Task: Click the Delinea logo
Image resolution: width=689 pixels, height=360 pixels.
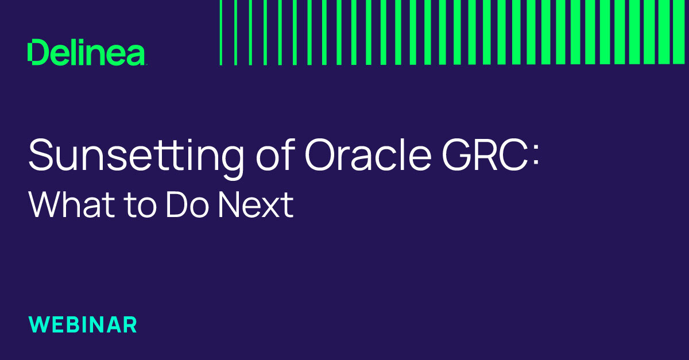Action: coord(86,53)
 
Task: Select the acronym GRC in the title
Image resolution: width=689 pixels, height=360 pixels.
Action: coord(481,155)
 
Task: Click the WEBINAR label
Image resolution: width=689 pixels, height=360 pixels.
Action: coord(83,324)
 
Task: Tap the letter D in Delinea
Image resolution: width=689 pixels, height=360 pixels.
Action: coord(37,53)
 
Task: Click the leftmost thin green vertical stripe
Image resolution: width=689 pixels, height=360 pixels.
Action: coord(221,32)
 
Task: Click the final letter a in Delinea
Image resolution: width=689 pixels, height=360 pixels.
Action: coord(136,55)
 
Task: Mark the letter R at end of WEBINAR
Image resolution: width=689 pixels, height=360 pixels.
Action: coord(130,324)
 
